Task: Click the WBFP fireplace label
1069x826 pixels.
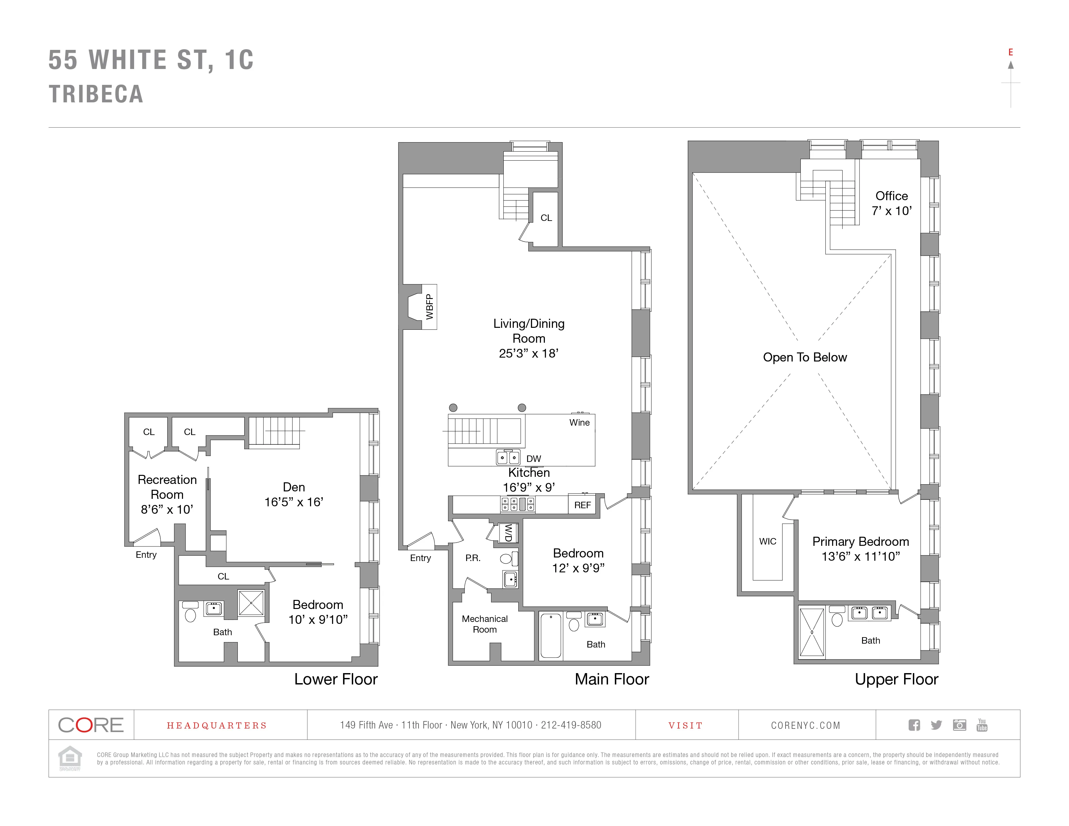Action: tap(429, 307)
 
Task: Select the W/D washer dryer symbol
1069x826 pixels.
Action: tap(508, 533)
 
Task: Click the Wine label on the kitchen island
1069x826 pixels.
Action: tap(579, 422)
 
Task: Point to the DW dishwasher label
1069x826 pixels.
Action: tap(534, 458)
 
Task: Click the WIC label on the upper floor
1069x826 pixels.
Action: tap(767, 541)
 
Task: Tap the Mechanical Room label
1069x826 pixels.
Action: tap(485, 624)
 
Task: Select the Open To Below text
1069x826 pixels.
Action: tap(805, 357)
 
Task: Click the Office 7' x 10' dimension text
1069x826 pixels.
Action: tap(891, 211)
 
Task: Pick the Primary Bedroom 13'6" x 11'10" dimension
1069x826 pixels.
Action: tap(860, 556)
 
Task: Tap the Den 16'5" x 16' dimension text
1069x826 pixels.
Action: tap(294, 502)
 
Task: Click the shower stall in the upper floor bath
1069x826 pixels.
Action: tap(811, 632)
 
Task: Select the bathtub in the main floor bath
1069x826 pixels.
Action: tap(551, 635)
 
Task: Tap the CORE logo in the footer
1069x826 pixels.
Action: tap(91, 725)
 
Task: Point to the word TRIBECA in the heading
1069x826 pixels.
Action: tap(96, 94)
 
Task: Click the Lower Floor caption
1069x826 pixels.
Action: tap(336, 679)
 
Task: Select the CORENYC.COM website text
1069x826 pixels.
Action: tap(806, 725)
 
